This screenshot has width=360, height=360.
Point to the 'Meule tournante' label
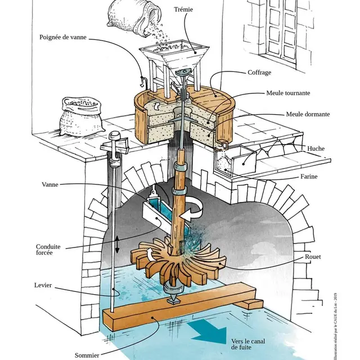[289, 93]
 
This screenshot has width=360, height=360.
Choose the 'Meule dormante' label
[308, 114]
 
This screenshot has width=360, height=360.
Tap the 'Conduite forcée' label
[49, 249]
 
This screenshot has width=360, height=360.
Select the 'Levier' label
[43, 286]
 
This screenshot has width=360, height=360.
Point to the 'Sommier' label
[87, 355]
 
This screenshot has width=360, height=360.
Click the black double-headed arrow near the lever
[117, 244]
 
